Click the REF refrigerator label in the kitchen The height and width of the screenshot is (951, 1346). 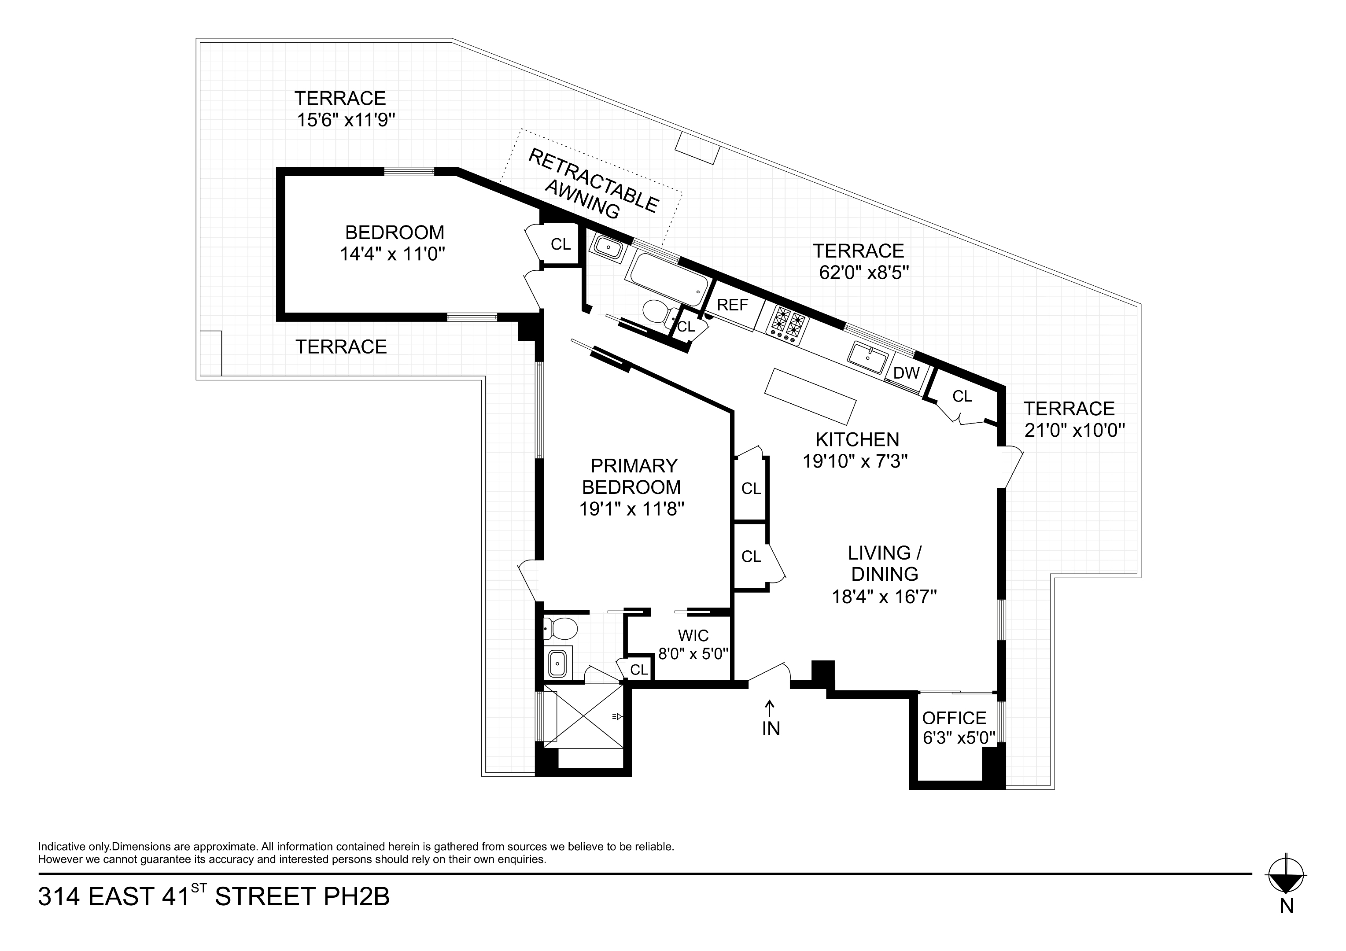click(x=733, y=305)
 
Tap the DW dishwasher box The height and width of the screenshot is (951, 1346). click(x=906, y=373)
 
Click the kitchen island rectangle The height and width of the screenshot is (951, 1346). click(x=811, y=396)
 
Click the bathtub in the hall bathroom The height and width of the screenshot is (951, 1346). click(x=668, y=280)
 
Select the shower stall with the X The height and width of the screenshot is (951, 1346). click(x=583, y=716)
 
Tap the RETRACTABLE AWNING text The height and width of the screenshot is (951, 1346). click(x=592, y=184)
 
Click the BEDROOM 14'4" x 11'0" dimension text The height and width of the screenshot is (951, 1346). click(x=393, y=254)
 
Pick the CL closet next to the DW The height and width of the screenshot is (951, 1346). click(x=962, y=397)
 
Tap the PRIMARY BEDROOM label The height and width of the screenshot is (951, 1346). click(x=633, y=476)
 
